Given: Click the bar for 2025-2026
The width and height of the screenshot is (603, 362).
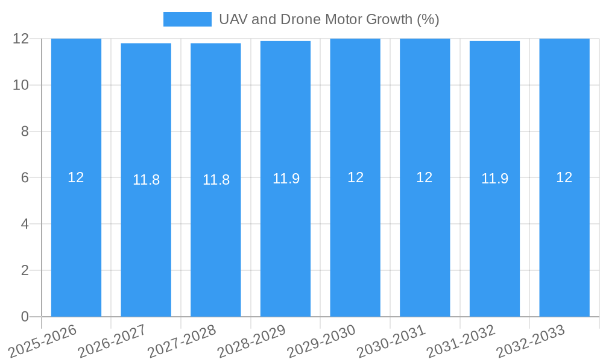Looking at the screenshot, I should click(x=76, y=241).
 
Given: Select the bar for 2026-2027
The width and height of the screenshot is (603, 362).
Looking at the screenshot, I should click(x=146, y=241).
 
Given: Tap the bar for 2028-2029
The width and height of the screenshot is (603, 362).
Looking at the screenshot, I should click(x=285, y=241).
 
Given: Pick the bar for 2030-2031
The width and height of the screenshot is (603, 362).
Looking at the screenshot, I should click(x=425, y=241).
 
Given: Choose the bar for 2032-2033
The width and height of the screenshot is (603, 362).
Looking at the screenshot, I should click(x=564, y=241).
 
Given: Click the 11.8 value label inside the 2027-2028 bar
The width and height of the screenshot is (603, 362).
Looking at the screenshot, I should click(x=216, y=180).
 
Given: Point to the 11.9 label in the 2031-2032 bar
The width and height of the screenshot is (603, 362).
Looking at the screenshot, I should click(x=494, y=179).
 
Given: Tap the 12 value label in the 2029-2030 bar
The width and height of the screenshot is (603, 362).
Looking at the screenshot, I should click(x=355, y=177).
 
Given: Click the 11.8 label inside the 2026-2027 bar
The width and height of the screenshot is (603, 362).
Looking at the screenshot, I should click(x=146, y=180).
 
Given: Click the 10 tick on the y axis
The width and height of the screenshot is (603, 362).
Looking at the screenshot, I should click(x=21, y=85).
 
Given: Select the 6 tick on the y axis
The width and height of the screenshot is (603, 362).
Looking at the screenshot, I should click(x=25, y=178).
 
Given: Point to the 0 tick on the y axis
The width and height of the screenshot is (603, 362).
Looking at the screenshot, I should click(x=25, y=317).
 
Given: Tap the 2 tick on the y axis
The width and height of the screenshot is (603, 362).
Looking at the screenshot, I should click(x=25, y=270).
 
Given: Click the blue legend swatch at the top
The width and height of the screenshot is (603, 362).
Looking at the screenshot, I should click(x=188, y=19).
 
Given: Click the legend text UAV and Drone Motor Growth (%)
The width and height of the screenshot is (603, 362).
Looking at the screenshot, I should click(x=329, y=19).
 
